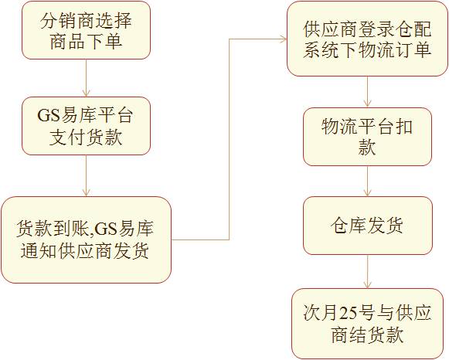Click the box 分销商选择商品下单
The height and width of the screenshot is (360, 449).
pos(87,30)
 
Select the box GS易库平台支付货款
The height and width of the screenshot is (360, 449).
pos(87,126)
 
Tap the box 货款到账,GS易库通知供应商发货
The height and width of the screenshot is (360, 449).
pos(86,239)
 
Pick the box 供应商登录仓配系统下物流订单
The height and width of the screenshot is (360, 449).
pos(367,39)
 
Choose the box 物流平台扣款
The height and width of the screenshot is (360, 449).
pos(367,137)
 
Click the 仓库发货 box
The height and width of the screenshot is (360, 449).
pos(368,226)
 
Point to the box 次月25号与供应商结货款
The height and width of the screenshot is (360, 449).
pos(367,324)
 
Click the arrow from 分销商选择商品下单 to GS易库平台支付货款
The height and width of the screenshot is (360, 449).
pos(87,78)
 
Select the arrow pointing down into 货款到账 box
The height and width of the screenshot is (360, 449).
pos(87,175)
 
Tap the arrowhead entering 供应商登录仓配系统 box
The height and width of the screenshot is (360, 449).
pos(284,39)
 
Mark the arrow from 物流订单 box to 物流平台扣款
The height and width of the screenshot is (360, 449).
pos(367,92)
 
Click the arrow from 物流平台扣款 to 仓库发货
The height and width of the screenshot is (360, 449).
pos(367,181)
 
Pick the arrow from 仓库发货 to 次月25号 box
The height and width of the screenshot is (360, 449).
pos(367,271)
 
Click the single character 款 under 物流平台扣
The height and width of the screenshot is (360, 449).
pos(367,148)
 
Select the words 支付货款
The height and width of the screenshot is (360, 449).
pos(86,137)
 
